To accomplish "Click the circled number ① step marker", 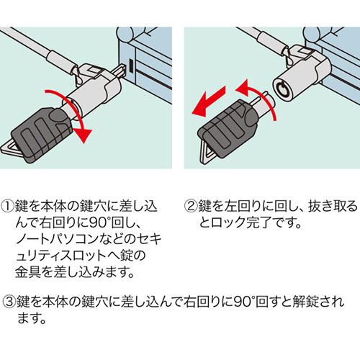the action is click(8, 206).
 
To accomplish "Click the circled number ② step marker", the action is click(191, 206).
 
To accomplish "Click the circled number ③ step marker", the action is click(9, 302).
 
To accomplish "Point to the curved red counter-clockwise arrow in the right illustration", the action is click(261, 96).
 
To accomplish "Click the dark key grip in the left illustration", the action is click(42, 135).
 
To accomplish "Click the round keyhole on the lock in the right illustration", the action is click(281, 89).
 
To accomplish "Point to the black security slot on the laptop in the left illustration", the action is click(131, 66).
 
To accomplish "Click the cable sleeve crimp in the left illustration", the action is click(62, 61).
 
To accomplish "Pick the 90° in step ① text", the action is click(99, 223).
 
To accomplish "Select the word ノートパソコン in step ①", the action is click(57, 240).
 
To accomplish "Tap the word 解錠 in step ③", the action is click(305, 302).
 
